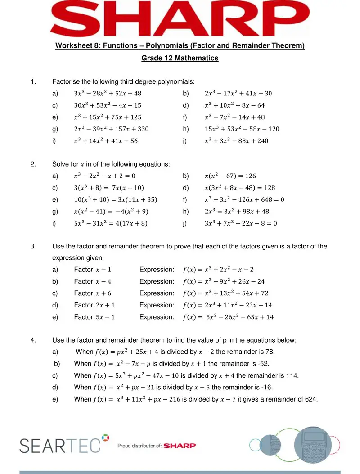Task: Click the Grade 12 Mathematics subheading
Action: click(180, 58)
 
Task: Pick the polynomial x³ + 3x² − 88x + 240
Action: click(238, 141)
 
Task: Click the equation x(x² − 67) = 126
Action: click(230, 176)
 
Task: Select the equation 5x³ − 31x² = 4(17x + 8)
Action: click(111, 223)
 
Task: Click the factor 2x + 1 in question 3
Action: click(106, 305)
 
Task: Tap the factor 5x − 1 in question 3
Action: click(106, 317)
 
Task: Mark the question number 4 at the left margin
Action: click(33, 340)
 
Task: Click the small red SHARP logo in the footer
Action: click(180, 446)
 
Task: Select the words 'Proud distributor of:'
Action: click(139, 446)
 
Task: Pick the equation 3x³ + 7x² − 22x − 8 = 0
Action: click(241, 223)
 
